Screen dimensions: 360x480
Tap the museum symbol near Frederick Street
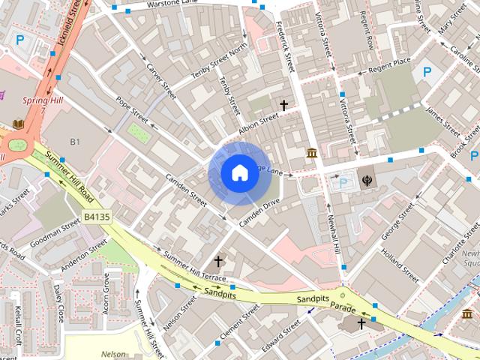(x=311, y=154)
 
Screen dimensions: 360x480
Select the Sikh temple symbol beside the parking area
(x=368, y=181)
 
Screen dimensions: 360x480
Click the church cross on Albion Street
(x=284, y=106)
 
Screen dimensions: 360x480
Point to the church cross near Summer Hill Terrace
(x=218, y=261)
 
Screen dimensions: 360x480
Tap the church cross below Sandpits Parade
(x=361, y=323)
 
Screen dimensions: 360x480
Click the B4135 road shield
(x=96, y=217)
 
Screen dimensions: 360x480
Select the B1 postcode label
(x=75, y=142)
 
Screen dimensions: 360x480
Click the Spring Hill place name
(x=43, y=100)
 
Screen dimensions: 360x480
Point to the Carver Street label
(x=161, y=82)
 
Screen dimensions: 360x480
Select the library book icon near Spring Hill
(x=18, y=123)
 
